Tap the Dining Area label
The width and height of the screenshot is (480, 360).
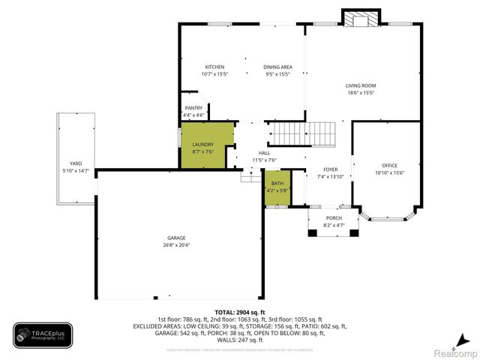[277, 67]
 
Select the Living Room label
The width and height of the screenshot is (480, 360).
[359, 86]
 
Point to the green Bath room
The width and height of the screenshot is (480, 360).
[277, 186]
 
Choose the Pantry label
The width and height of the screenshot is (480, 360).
[193, 108]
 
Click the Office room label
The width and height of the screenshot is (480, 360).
[389, 165]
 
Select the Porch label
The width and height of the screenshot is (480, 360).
[334, 217]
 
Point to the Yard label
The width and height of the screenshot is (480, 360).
[76, 163]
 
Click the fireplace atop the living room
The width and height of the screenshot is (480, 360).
[357, 19]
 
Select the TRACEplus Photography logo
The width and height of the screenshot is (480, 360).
[43, 334]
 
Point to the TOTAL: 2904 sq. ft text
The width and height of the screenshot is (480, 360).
[239, 311]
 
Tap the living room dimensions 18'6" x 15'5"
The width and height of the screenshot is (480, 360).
[359, 93]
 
